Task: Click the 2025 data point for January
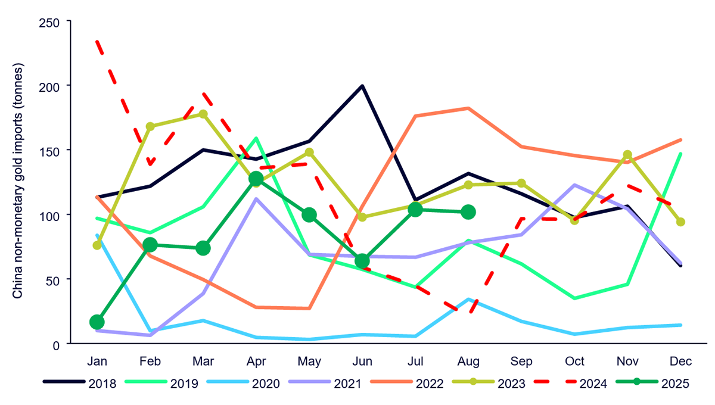97,322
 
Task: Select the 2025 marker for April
256,179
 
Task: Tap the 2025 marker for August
468,211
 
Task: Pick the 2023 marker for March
203,114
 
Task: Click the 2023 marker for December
681,222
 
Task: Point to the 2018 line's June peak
362,86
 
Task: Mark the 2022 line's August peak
468,108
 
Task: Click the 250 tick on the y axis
54,21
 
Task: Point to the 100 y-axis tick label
54,214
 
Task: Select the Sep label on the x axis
521,362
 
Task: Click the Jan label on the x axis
97,362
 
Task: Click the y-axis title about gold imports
18,182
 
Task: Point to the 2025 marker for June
362,261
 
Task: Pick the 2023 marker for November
627,155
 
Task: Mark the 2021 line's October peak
574,185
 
